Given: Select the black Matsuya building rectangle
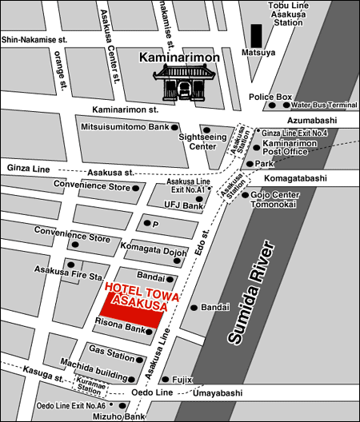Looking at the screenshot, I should pyautogui.click(x=255, y=36).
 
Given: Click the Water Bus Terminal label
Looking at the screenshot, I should pyautogui.click(x=324, y=105).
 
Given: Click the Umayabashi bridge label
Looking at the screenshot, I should pyautogui.click(x=218, y=393).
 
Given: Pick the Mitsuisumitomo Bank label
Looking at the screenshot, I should pyautogui.click(x=124, y=127).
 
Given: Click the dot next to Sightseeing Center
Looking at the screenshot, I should pyautogui.click(x=206, y=129).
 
